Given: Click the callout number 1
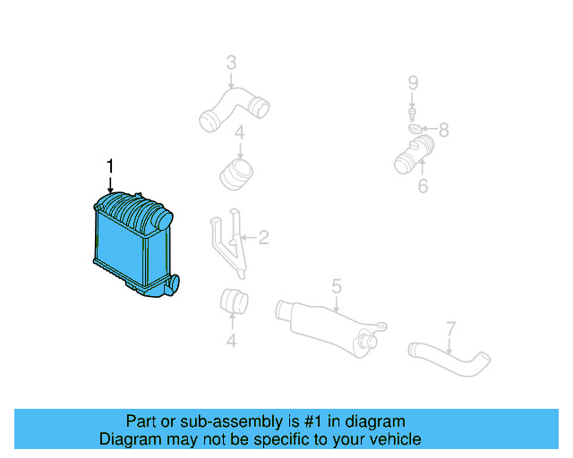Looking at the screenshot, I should tap(110, 165).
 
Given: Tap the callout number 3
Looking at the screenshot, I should tap(231, 63).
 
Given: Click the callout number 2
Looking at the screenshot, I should tap(263, 237).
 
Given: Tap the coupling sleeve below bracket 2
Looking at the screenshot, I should tap(235, 302).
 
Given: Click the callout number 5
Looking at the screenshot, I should tap(337, 286).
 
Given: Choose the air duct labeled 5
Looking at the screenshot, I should tap(327, 322).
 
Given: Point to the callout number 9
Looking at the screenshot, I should tap(413, 83).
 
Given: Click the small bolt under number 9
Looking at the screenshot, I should tap(413, 114).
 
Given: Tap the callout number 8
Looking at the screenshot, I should tap(442, 131).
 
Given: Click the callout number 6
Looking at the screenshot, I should tap(423, 186).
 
